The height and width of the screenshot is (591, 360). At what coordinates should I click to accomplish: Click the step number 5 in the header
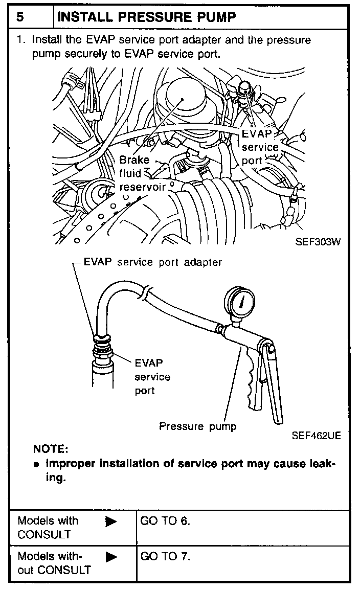pyautogui.click(x=20, y=17)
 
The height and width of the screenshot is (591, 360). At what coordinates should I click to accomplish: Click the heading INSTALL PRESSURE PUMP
pyautogui.click(x=147, y=17)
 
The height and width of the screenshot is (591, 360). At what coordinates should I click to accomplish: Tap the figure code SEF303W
pyautogui.click(x=318, y=242)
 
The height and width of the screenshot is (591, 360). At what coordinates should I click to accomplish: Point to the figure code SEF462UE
pyautogui.click(x=316, y=436)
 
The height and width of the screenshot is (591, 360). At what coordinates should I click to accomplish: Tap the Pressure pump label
pyautogui.click(x=198, y=426)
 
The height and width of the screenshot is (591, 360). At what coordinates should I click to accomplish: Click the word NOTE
pyautogui.click(x=51, y=449)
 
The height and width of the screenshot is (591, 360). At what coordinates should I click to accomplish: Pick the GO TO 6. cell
pyautogui.click(x=165, y=521)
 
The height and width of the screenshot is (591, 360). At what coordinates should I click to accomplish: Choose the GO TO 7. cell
pyautogui.click(x=165, y=556)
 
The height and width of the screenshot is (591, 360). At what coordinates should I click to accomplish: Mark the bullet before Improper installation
pyautogui.click(x=36, y=465)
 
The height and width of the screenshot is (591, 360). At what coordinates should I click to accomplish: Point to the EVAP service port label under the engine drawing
pyautogui.click(x=260, y=147)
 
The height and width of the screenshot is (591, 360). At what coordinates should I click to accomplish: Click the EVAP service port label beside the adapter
pyautogui.click(x=152, y=377)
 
